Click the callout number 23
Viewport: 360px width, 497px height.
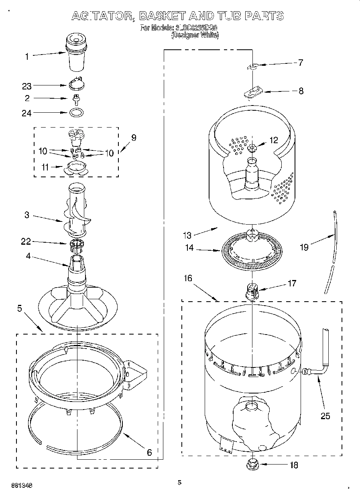pyautogui.click(x=27, y=85)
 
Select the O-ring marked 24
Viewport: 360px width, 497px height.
pyautogui.click(x=76, y=112)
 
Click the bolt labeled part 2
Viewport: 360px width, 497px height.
pyautogui.click(x=75, y=98)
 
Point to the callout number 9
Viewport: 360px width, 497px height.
pyautogui.click(x=133, y=138)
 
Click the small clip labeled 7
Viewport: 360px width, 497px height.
pyautogui.click(x=253, y=67)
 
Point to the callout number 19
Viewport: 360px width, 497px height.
pyautogui.click(x=304, y=247)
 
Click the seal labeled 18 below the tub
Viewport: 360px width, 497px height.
pyautogui.click(x=252, y=465)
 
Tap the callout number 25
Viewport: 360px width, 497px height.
pyautogui.click(x=325, y=416)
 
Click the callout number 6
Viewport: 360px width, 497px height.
pyautogui.click(x=149, y=452)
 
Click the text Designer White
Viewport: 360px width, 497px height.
pyautogui.click(x=195, y=36)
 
